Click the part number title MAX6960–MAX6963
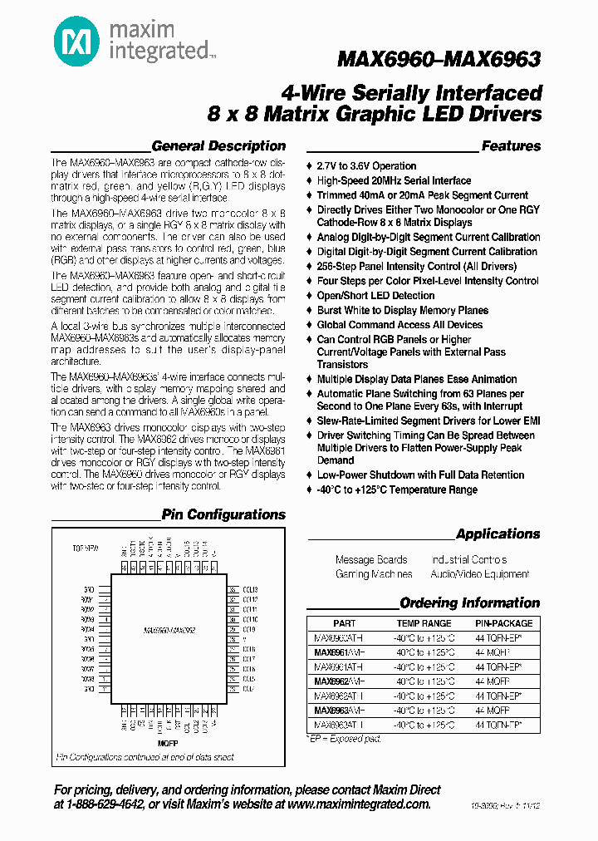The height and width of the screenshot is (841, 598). pyautogui.click(x=439, y=59)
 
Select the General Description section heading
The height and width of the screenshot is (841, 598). pyautogui.click(x=218, y=146)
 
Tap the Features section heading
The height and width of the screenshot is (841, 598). pyautogui.click(x=511, y=146)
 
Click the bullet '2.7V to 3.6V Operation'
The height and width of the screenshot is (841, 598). pyautogui.click(x=366, y=166)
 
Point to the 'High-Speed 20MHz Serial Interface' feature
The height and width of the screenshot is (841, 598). pyautogui.click(x=394, y=180)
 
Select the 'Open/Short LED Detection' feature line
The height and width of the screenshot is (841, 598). pyautogui.click(x=375, y=296)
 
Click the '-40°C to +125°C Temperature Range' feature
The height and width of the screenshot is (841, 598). pyautogui.click(x=397, y=489)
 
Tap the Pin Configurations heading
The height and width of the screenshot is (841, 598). pyautogui.click(x=223, y=515)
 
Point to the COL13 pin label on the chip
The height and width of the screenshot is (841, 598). pyautogui.click(x=250, y=589)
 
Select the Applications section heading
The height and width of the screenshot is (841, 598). pyautogui.click(x=498, y=534)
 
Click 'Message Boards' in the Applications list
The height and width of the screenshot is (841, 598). pyautogui.click(x=371, y=560)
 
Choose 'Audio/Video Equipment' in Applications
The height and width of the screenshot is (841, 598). pyautogui.click(x=479, y=574)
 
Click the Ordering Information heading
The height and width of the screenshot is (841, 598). pyautogui.click(x=469, y=603)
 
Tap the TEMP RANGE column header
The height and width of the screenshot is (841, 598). pyautogui.click(x=424, y=623)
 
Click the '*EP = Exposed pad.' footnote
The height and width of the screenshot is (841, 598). pyautogui.click(x=346, y=738)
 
